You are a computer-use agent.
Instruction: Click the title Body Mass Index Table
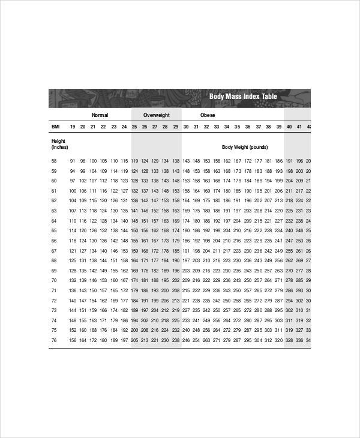(243, 97)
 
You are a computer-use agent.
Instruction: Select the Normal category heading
(100, 115)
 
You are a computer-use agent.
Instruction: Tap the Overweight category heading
(156, 115)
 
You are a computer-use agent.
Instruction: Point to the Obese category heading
(208, 115)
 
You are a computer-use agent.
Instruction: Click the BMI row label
(55, 127)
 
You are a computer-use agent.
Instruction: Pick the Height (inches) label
(59, 144)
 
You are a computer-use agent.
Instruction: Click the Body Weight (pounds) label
(245, 147)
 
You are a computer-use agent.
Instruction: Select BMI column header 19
(73, 127)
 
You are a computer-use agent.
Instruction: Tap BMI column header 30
(186, 127)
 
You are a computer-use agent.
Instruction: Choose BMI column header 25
(134, 127)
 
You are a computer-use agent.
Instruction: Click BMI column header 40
(289, 127)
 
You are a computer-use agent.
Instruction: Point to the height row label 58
(54, 161)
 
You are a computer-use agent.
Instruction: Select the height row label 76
(54, 341)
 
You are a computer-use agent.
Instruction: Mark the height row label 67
(54, 251)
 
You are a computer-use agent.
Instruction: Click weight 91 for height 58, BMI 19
(73, 161)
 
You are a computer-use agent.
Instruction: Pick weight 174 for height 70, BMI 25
(134, 281)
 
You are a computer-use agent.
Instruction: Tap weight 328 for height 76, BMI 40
(289, 341)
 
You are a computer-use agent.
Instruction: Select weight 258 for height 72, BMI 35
(237, 301)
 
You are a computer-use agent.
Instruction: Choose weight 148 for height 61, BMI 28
(166, 191)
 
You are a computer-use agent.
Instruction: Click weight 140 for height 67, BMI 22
(103, 251)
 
